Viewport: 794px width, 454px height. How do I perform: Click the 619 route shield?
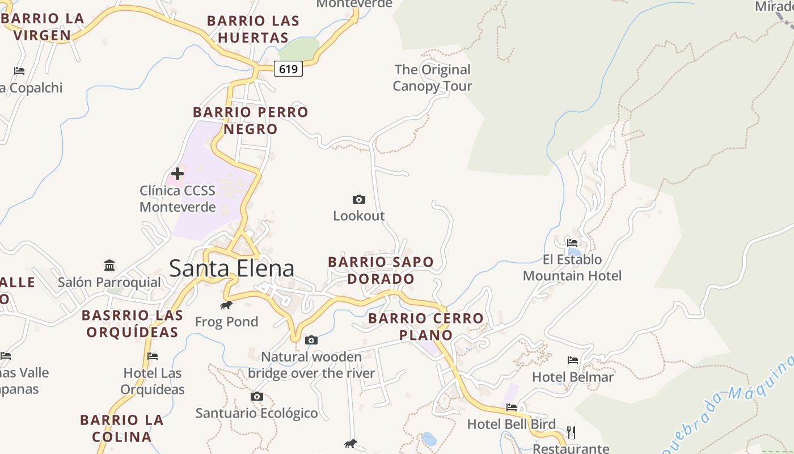[x=288, y=69]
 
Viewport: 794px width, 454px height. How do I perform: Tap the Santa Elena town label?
[x=231, y=268]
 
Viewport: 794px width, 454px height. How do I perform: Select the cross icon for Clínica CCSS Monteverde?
[x=178, y=174]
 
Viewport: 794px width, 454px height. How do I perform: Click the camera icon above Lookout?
[x=358, y=199]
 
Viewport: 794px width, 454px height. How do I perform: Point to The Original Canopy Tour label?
[x=432, y=78]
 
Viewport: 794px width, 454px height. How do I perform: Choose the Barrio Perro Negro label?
[x=250, y=120]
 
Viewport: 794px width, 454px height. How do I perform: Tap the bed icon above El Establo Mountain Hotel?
[x=572, y=243]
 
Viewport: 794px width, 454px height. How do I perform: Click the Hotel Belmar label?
[x=572, y=377]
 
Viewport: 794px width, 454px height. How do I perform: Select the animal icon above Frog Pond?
[x=226, y=305]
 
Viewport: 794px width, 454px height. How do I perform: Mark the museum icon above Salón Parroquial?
[x=109, y=265]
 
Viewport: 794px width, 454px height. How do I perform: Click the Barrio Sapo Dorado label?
[x=381, y=270]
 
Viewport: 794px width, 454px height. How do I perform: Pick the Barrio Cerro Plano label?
[x=426, y=326]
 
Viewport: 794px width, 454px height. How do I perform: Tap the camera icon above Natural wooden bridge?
[x=311, y=340]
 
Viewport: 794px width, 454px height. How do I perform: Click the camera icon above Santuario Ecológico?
[x=257, y=396]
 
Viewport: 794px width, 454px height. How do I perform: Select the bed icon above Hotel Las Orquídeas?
[x=152, y=356]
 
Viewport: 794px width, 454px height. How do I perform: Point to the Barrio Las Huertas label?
[x=253, y=30]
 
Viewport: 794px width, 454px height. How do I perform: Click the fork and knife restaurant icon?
[x=571, y=432]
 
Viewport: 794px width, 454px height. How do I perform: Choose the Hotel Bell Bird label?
[x=511, y=424]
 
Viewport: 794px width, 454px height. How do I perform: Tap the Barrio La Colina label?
[x=122, y=428]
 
